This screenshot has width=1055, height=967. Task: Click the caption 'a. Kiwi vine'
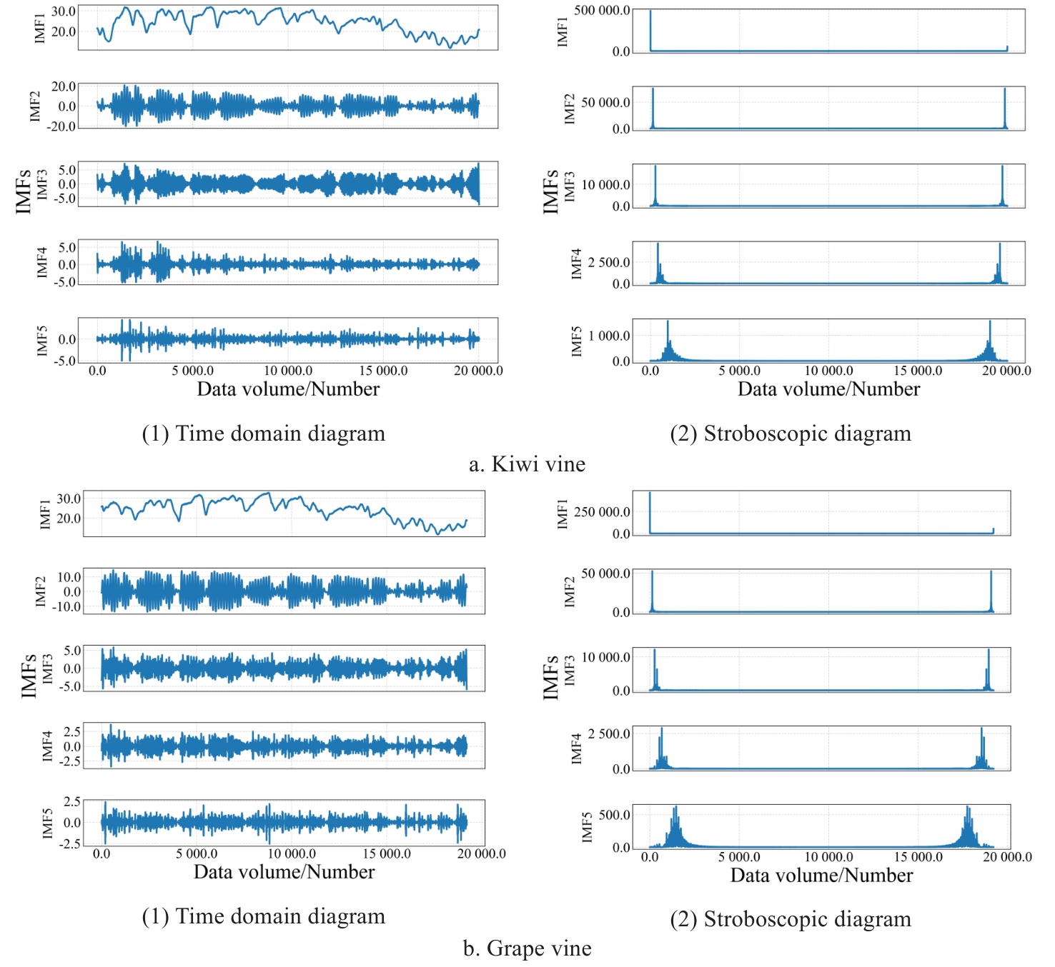coord(527,464)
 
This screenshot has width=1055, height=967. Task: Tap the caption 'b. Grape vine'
coord(527,948)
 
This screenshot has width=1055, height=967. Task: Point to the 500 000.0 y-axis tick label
coord(602,11)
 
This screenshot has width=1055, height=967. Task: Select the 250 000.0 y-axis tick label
coord(602,512)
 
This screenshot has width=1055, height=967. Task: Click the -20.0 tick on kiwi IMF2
coord(63,126)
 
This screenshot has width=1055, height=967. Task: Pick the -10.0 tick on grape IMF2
coord(69,607)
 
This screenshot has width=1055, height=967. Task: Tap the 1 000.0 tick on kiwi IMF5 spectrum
coord(609,336)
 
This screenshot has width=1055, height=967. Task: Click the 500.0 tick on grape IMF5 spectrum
coord(615,815)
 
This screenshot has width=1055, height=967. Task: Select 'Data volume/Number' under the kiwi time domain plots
coord(288,389)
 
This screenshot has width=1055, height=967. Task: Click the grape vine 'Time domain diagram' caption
coord(263,916)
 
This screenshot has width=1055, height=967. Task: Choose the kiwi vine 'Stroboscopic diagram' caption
coord(791,434)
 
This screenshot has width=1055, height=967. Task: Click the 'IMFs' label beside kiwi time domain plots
coord(24,191)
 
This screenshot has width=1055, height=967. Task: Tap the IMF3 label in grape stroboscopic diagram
coord(570,670)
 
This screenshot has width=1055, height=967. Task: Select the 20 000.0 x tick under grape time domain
coord(481,853)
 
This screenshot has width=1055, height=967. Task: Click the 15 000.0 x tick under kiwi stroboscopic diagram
coord(918,371)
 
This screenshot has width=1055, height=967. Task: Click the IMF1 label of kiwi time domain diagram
coord(40,29)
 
